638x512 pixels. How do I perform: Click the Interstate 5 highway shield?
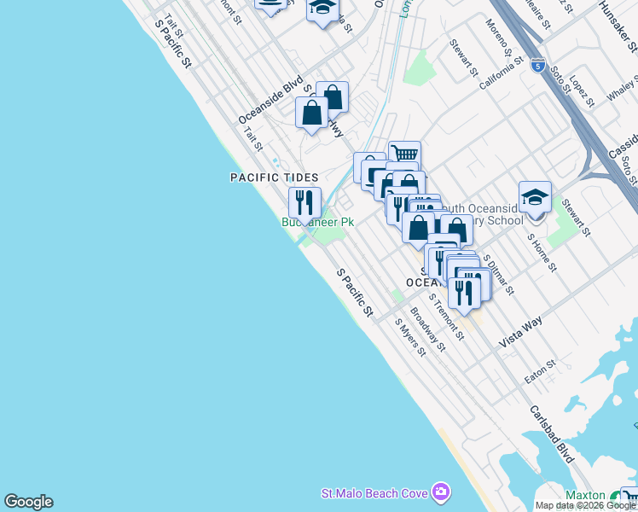pyautogui.click(x=537, y=64)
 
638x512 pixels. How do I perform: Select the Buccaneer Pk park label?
pyautogui.click(x=317, y=222)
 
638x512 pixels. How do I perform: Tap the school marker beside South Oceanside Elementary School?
pyautogui.click(x=535, y=198)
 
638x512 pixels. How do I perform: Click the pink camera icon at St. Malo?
pyautogui.click(x=440, y=492)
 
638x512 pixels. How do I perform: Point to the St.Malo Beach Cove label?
pyautogui.click(x=374, y=493)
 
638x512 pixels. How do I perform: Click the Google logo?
pyautogui.click(x=28, y=502)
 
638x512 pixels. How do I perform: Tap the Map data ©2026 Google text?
pyautogui.click(x=585, y=505)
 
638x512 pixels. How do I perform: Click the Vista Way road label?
pyautogui.click(x=521, y=329)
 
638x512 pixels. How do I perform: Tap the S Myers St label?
pyautogui.click(x=409, y=338)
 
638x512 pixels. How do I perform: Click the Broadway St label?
pyautogui.click(x=427, y=329)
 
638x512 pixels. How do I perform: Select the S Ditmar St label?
pyautogui.click(x=498, y=273)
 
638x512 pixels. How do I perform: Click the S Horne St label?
pyautogui.click(x=541, y=251)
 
